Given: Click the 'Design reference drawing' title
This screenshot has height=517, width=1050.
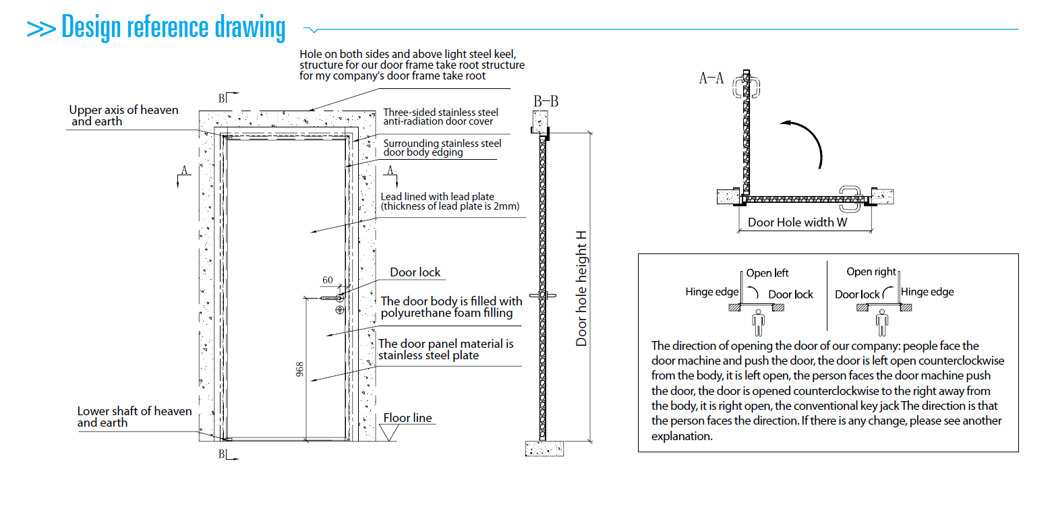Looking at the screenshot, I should point(173,28).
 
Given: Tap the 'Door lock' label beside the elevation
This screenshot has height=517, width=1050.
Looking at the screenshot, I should point(415,272).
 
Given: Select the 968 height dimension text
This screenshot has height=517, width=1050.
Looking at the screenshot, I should point(299,370).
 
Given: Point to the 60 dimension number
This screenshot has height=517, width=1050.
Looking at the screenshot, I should point(328,280).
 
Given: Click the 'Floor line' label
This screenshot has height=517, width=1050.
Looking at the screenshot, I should point(407,418).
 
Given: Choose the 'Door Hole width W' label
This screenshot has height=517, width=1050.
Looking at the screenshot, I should point(798,222).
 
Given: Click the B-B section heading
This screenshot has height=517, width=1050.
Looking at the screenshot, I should point(546,102).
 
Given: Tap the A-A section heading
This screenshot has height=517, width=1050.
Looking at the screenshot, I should point(711,78).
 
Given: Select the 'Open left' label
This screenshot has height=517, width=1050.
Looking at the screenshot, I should point(767,273).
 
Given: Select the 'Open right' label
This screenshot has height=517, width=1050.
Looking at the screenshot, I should point(871,272).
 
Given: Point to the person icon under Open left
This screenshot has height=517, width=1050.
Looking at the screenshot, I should point(759,323).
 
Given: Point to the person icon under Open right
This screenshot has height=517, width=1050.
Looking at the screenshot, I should point(882,323).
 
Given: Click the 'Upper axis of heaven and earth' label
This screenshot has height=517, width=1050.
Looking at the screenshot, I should point(124,115).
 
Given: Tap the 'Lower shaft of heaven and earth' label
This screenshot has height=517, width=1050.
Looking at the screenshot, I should point(134,417).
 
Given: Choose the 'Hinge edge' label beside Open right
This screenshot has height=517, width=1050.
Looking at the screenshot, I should point(927,292).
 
